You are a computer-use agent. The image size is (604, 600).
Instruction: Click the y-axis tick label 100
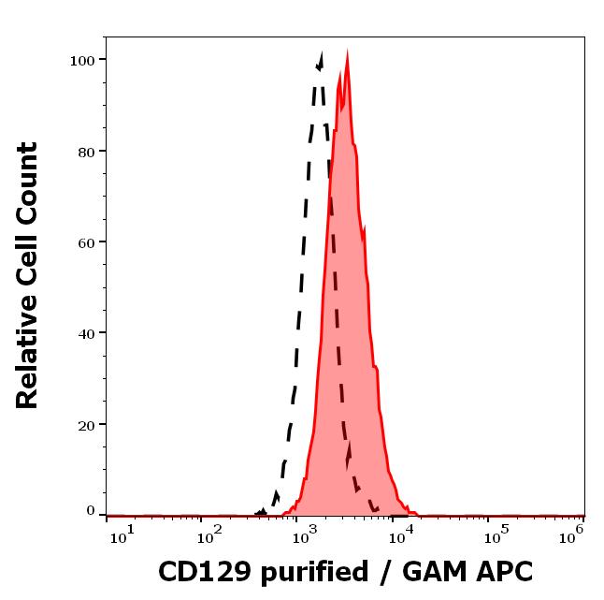[82, 60]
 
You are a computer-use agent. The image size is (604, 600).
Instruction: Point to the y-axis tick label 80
[86, 151]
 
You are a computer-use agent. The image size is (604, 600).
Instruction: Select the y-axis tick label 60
[86, 241]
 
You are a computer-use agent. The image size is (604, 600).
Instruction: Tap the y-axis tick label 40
[86, 332]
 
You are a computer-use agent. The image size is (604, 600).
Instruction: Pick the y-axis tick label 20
[86, 424]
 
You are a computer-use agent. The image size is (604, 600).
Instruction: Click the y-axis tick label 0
[91, 511]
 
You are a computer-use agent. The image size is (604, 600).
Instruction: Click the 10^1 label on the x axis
[122, 534]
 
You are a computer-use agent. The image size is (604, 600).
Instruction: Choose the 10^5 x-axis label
[495, 534]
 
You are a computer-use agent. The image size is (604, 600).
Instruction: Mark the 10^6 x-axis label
[572, 534]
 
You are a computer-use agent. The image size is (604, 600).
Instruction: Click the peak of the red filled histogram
[347, 56]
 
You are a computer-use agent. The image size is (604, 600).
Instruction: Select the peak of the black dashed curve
[321, 59]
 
